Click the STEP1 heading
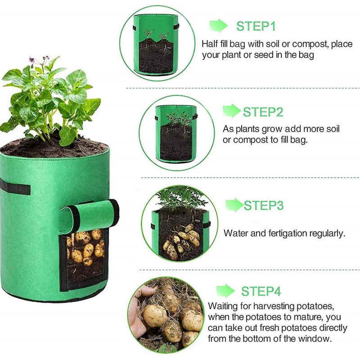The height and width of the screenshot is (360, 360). (256, 26)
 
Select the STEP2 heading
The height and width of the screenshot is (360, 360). (263, 112)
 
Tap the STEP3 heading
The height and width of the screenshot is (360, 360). (264, 205)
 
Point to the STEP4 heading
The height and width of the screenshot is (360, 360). (261, 291)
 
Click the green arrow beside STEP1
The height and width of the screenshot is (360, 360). (218, 26)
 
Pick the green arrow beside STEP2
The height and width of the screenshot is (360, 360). (232, 111)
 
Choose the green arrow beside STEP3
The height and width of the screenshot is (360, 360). (234, 205)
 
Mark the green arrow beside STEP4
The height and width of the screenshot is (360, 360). (225, 291)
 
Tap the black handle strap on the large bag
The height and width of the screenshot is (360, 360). (15, 187)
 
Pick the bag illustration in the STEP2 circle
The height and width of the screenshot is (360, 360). (176, 134)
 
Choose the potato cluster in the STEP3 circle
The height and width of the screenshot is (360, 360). (181, 242)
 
